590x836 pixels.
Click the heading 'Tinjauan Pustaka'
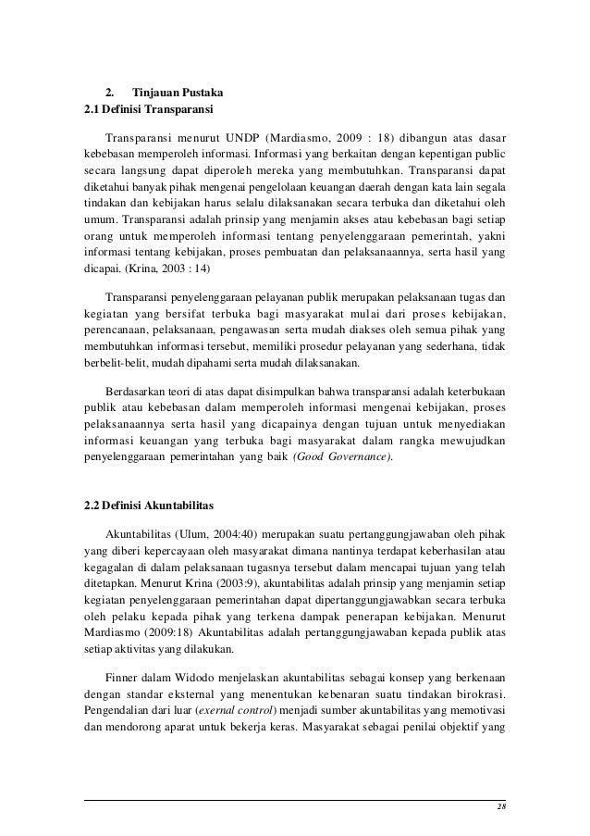pyautogui.click(x=170, y=94)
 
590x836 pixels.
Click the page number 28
pyautogui.click(x=499, y=809)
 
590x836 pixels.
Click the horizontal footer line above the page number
pyautogui.click(x=295, y=799)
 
